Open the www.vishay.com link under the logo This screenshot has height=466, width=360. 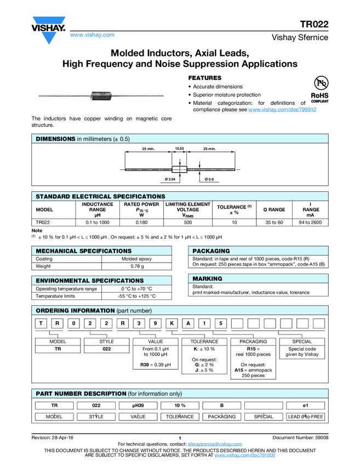[92, 35]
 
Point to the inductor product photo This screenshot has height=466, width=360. [101, 96]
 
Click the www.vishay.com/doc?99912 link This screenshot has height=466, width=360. [282, 110]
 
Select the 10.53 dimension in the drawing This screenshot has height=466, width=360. [179, 149]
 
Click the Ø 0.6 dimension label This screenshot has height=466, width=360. [209, 179]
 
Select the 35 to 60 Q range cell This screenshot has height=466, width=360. [274, 223]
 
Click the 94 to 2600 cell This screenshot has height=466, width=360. [310, 223]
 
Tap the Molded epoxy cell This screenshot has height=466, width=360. [136, 259]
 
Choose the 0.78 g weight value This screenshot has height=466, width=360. [136, 266]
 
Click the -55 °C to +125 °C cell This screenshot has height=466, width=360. [136, 296]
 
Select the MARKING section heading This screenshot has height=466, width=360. [207, 279]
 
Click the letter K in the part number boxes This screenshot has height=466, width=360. [172, 323]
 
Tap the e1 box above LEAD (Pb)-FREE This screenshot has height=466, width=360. [306, 405]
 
